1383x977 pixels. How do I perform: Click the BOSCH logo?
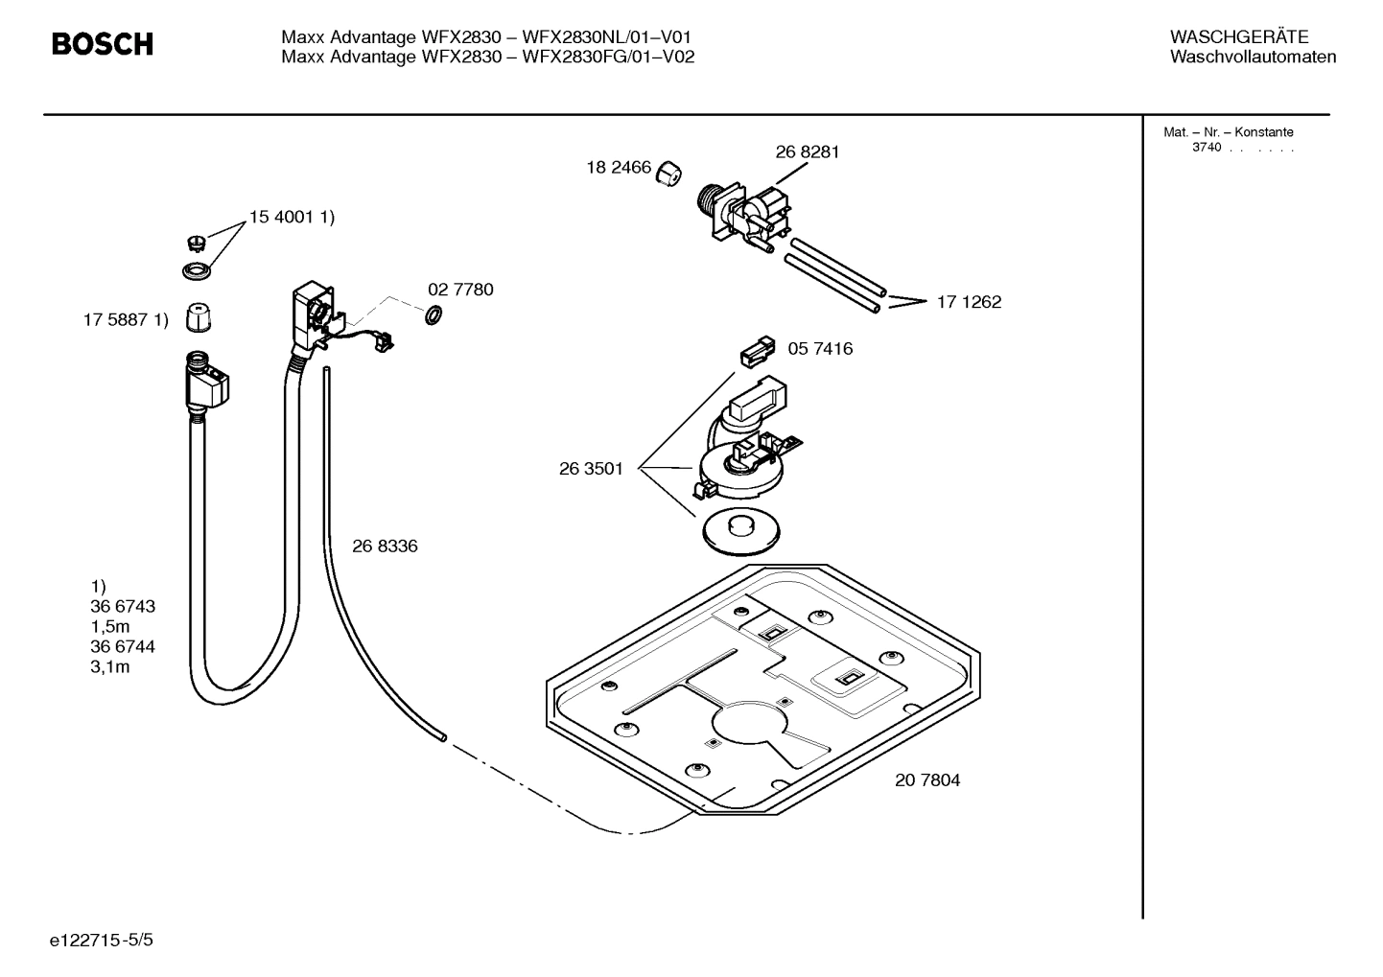[x=102, y=44]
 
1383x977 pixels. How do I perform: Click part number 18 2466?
[x=619, y=168]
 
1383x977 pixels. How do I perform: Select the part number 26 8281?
[x=807, y=151]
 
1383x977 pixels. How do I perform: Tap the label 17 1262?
[x=969, y=302]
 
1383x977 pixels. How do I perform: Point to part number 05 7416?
[x=820, y=349]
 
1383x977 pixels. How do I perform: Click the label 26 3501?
[x=591, y=469]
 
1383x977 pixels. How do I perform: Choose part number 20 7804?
[x=927, y=780]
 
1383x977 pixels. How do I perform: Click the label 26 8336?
[x=385, y=547]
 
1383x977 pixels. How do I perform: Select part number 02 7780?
[x=460, y=290]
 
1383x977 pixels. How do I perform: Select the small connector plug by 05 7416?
[x=756, y=352]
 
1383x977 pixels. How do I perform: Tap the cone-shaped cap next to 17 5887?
[x=199, y=316]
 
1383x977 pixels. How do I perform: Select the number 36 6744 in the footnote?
[x=123, y=647]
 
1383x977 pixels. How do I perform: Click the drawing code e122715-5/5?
[x=102, y=941]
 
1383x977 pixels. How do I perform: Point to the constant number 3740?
[x=1207, y=148]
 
